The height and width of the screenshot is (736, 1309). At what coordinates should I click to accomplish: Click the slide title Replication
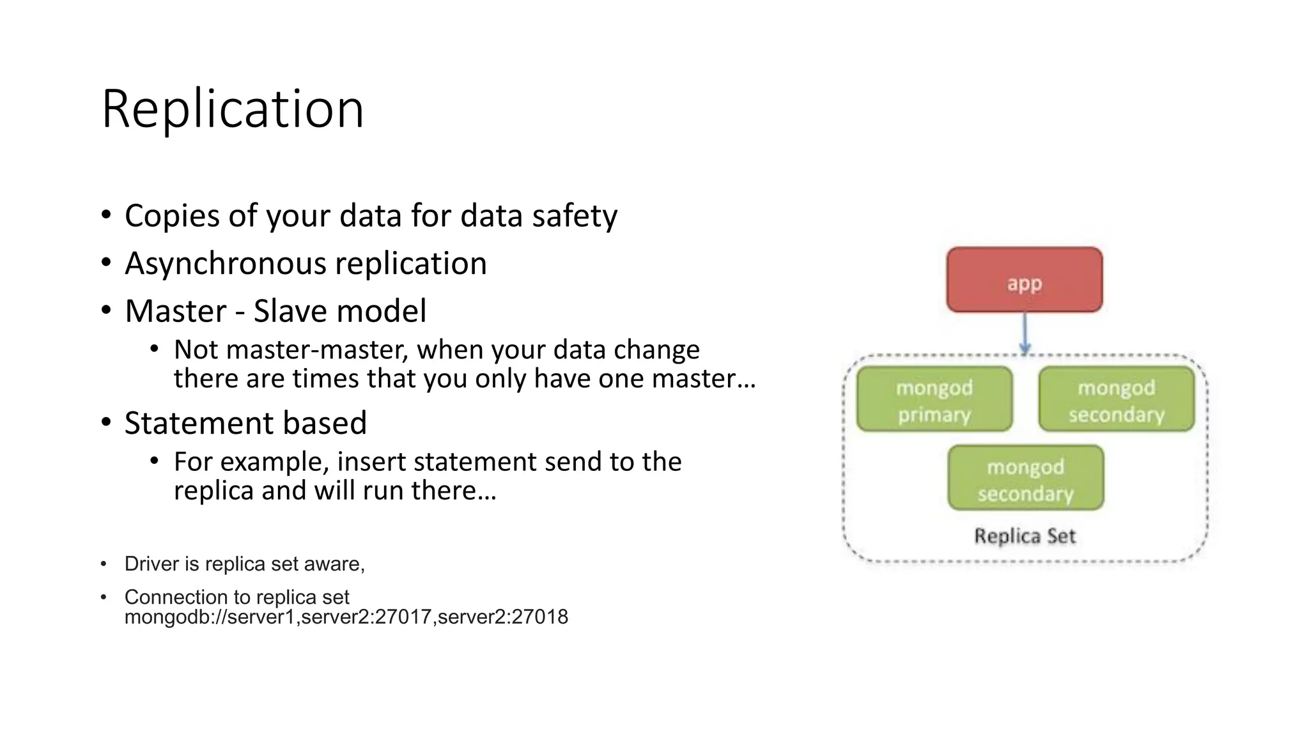(x=233, y=109)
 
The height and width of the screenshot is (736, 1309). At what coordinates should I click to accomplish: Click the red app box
(x=1024, y=280)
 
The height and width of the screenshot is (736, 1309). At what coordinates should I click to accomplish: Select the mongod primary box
(x=934, y=400)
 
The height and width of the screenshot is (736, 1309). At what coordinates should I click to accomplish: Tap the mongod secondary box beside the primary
(x=1116, y=400)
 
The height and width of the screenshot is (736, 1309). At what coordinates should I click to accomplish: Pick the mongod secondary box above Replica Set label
(x=1025, y=479)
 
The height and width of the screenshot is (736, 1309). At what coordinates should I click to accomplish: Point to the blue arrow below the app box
(x=1025, y=332)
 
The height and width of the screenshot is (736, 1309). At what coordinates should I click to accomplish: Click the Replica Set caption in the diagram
(x=1025, y=535)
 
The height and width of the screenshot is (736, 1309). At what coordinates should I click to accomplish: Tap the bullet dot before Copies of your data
(x=106, y=215)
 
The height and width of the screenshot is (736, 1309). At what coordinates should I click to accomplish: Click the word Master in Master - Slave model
(x=175, y=311)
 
